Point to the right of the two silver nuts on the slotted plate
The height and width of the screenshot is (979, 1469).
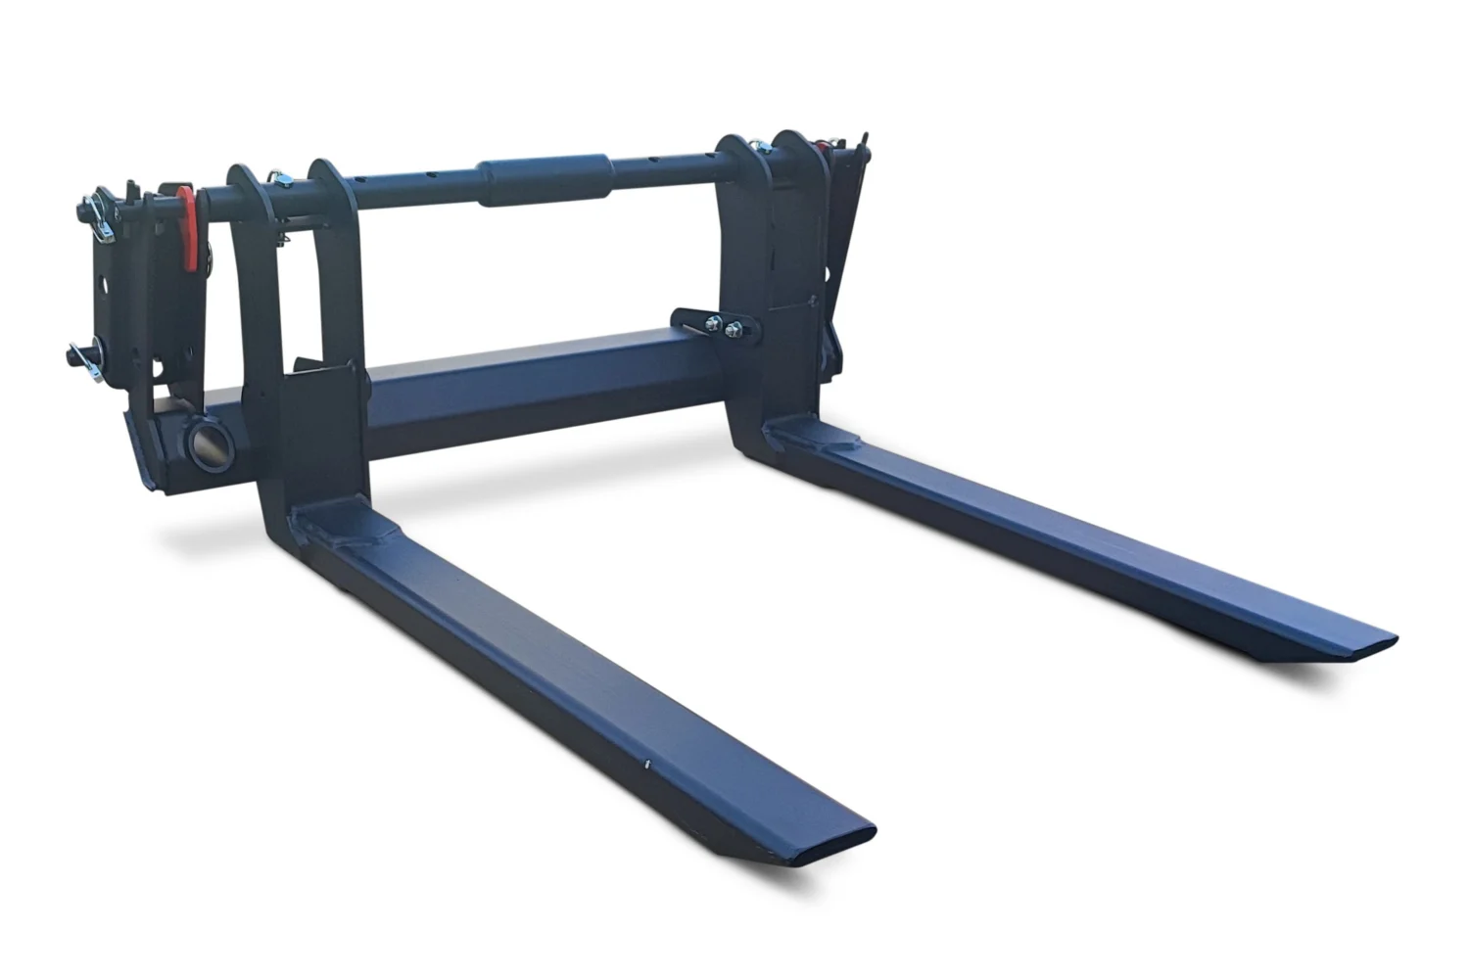[733, 331]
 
